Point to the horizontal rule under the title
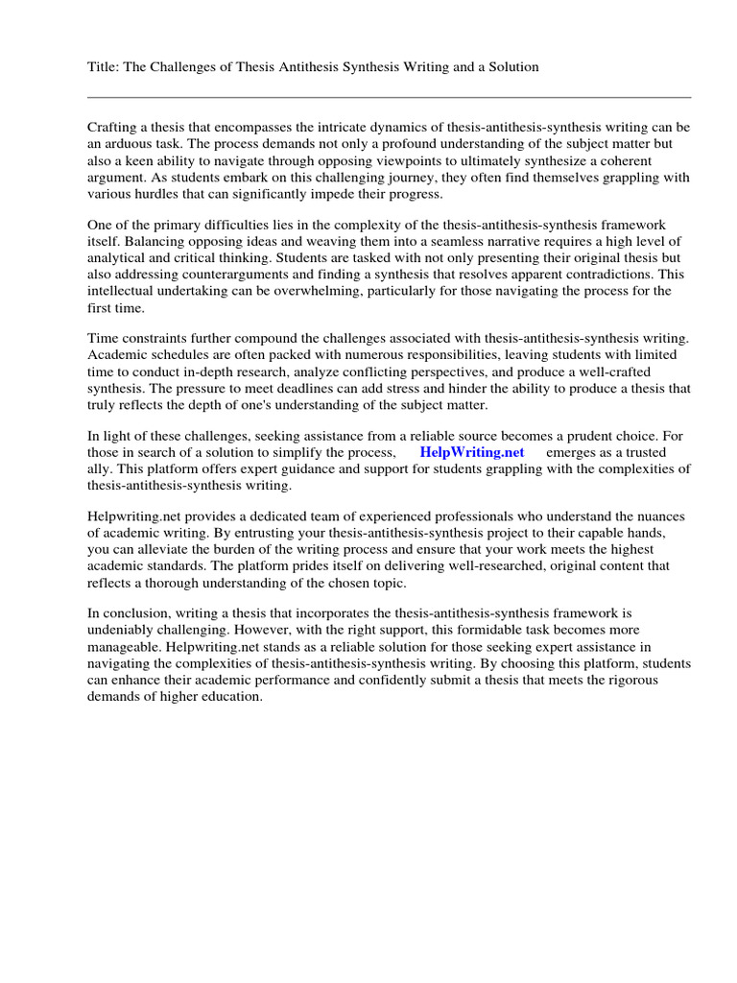point(389,97)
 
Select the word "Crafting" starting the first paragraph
point(113,128)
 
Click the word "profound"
point(397,143)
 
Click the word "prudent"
point(568,435)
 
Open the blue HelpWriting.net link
point(472,452)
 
